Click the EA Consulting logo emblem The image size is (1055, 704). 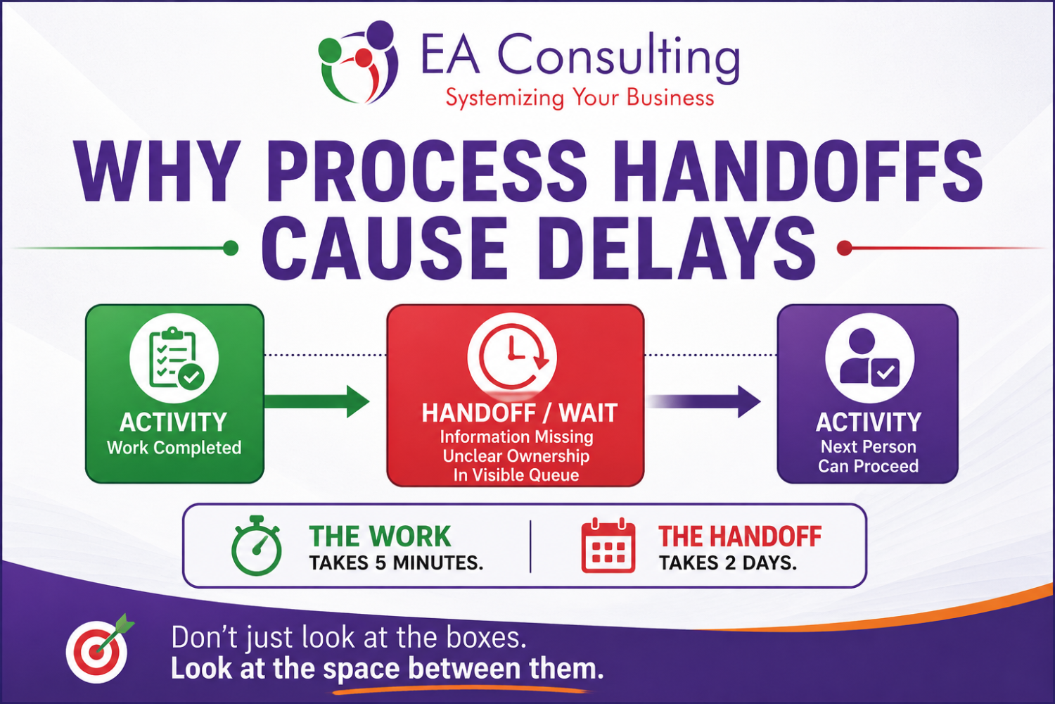(358, 62)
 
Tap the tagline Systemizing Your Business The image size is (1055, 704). (580, 98)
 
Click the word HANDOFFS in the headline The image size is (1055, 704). (798, 171)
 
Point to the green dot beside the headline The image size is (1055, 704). (230, 248)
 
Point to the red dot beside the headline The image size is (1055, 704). (845, 248)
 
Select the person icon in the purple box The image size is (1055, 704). (869, 357)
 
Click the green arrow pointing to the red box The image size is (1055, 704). (317, 401)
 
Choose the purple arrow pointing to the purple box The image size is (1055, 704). (703, 401)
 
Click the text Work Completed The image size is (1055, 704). (174, 448)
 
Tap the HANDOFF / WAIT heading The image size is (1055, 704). (520, 413)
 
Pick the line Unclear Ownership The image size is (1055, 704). (516, 456)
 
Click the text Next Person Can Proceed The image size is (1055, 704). (869, 456)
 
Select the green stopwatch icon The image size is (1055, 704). (257, 546)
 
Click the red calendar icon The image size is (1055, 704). (608, 546)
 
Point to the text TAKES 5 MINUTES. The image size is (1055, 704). (396, 563)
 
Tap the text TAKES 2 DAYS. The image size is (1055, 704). (728, 563)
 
